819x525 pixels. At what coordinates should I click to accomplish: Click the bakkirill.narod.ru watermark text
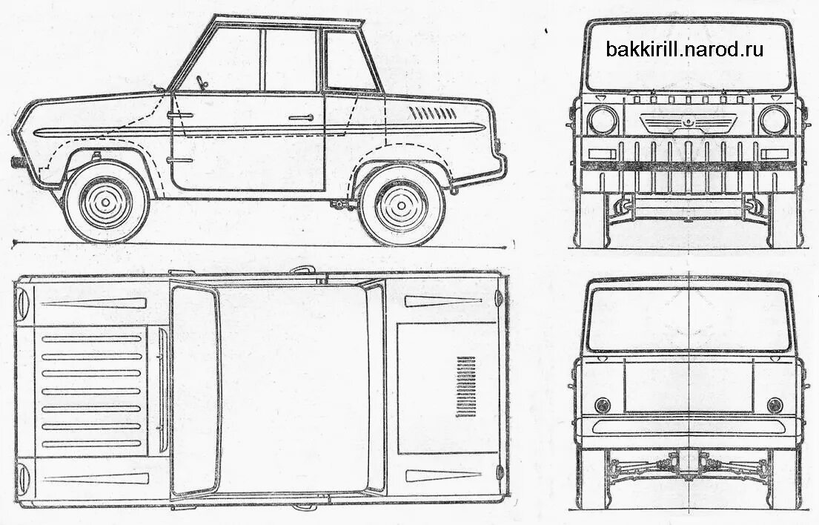pyautogui.click(x=684, y=50)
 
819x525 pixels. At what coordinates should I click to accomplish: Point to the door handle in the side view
pyautogui.click(x=300, y=117)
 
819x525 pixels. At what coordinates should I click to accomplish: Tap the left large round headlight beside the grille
pyautogui.click(x=603, y=120)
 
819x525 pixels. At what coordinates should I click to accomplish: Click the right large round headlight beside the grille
pyautogui.click(x=774, y=120)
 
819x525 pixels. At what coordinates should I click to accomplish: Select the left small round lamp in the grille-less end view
pyautogui.click(x=602, y=405)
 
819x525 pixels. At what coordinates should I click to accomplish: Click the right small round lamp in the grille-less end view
pyautogui.click(x=775, y=405)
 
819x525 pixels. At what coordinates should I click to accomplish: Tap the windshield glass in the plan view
pyautogui.click(x=196, y=389)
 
